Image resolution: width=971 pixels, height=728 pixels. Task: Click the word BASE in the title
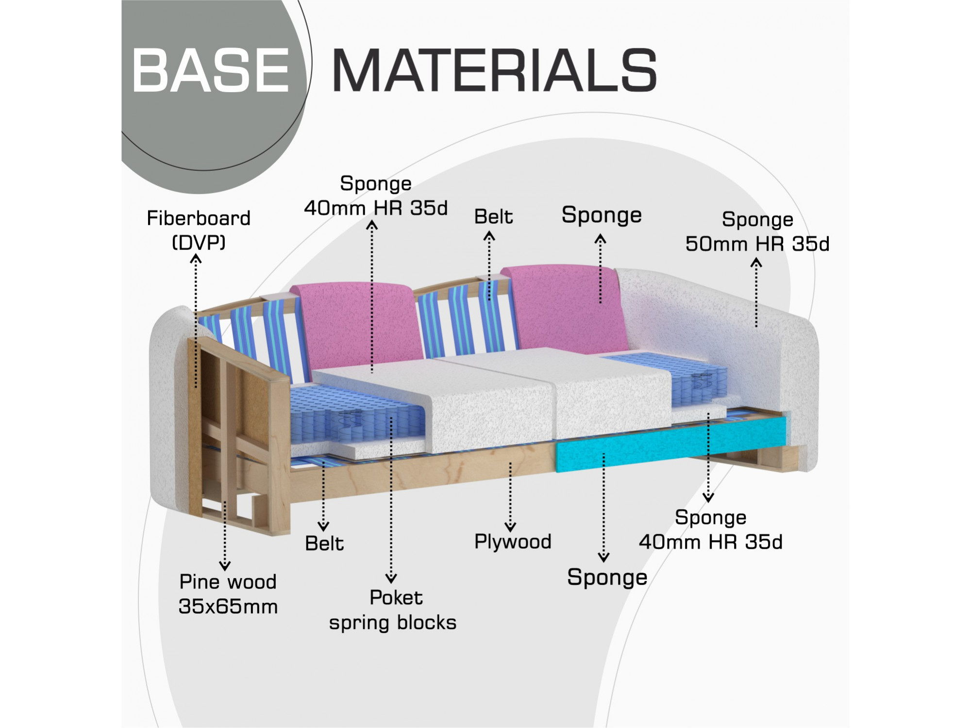(211, 70)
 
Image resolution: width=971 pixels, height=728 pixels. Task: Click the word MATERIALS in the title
(494, 70)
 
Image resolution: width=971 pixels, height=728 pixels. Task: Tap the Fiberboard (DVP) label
(199, 230)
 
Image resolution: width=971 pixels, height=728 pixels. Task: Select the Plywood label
(513, 542)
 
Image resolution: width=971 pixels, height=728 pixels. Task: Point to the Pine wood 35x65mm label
(228, 594)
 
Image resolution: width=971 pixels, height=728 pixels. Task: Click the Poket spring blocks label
(393, 610)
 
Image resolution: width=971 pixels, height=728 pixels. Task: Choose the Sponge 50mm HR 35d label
(757, 232)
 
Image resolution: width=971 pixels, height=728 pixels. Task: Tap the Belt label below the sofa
(324, 544)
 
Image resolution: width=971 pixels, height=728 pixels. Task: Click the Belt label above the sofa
(493, 216)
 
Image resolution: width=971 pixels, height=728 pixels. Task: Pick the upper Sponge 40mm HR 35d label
(376, 196)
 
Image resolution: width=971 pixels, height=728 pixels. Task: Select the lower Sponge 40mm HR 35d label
(711, 529)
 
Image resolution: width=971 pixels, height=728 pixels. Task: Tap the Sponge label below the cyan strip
(607, 578)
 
